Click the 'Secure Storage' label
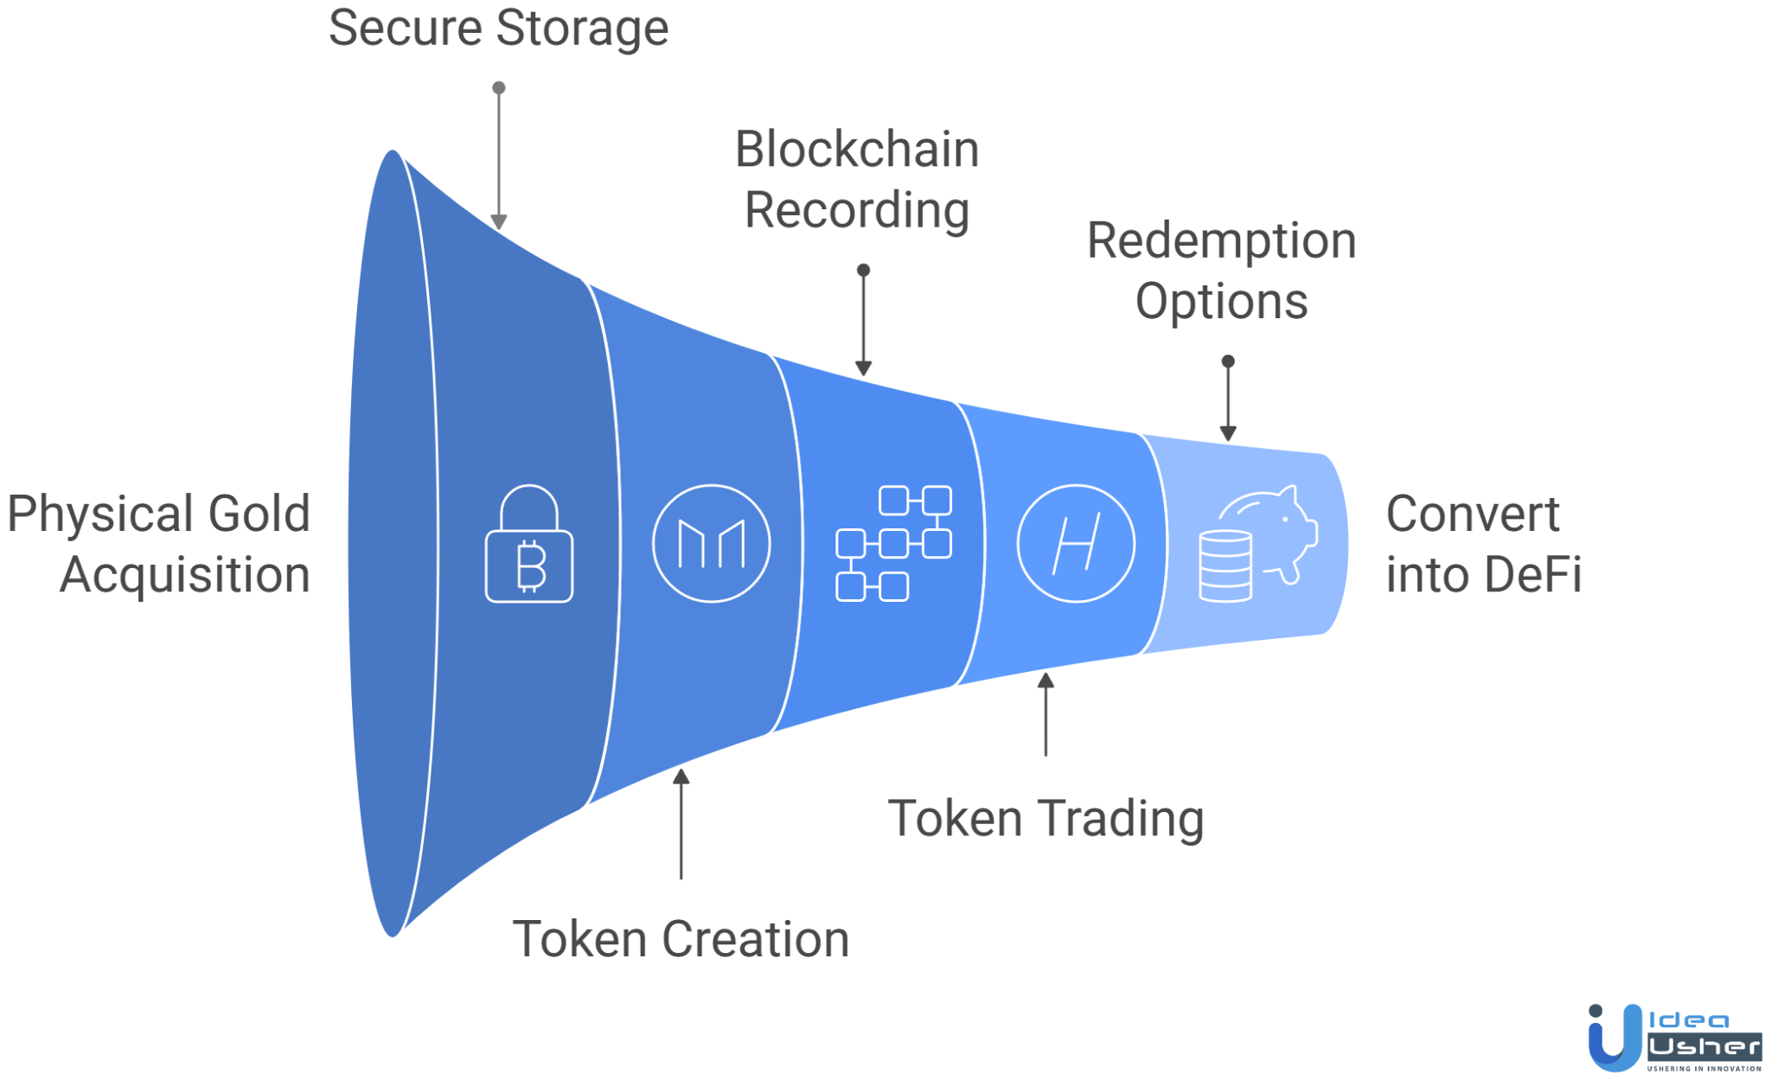pyautogui.click(x=498, y=28)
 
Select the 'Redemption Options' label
pyautogui.click(x=1221, y=270)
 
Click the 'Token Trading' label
pyautogui.click(x=1045, y=818)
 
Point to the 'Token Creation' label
pyautogui.click(x=681, y=939)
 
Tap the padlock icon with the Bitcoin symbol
pyautogui.click(x=528, y=545)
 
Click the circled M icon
pyautogui.click(x=711, y=544)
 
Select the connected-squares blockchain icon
pyautogui.click(x=893, y=544)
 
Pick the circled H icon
pyautogui.click(x=1075, y=544)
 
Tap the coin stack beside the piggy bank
pyautogui.click(x=1224, y=566)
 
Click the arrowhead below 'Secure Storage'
pyautogui.click(x=499, y=221)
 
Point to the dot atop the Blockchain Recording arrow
pyautogui.click(x=863, y=271)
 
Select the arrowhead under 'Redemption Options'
pyautogui.click(x=1228, y=432)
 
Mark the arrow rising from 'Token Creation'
pyautogui.click(x=681, y=821)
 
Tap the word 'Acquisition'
pyautogui.click(x=184, y=575)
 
